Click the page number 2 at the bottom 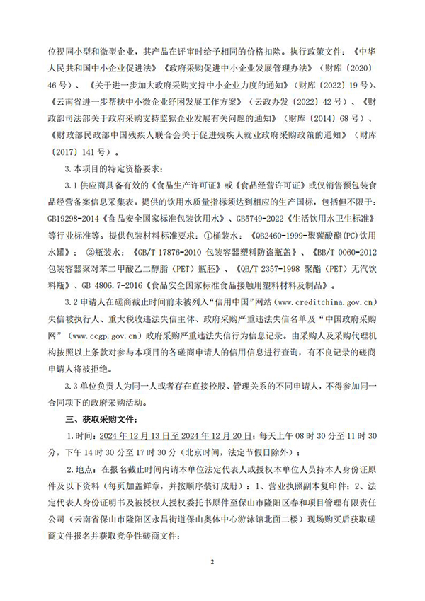[x=212, y=562]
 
